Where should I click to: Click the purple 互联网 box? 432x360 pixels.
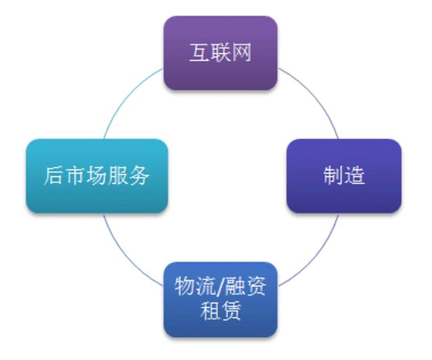click(221, 53)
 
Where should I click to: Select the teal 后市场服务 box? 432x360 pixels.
click(97, 176)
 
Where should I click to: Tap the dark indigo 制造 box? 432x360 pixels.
click(344, 176)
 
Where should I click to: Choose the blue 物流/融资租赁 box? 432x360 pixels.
click(221, 299)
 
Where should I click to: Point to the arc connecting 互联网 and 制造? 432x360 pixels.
click(316, 95)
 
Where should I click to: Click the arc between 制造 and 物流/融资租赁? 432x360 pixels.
click(316, 257)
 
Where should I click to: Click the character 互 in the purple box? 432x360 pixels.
click(200, 53)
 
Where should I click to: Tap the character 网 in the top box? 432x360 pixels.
click(242, 53)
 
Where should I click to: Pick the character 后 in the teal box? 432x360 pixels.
click(54, 175)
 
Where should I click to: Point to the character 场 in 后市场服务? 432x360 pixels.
click(97, 175)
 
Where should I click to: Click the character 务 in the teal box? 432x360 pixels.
click(139, 175)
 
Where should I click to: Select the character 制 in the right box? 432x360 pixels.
click(333, 175)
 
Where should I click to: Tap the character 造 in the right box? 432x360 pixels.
click(354, 175)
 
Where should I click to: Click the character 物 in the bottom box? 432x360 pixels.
click(185, 287)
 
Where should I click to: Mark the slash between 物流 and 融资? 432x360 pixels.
click(220, 287)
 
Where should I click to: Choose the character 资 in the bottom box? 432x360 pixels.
click(256, 287)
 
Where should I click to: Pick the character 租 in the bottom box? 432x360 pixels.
click(210, 311)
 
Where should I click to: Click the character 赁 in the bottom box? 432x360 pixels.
click(231, 311)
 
